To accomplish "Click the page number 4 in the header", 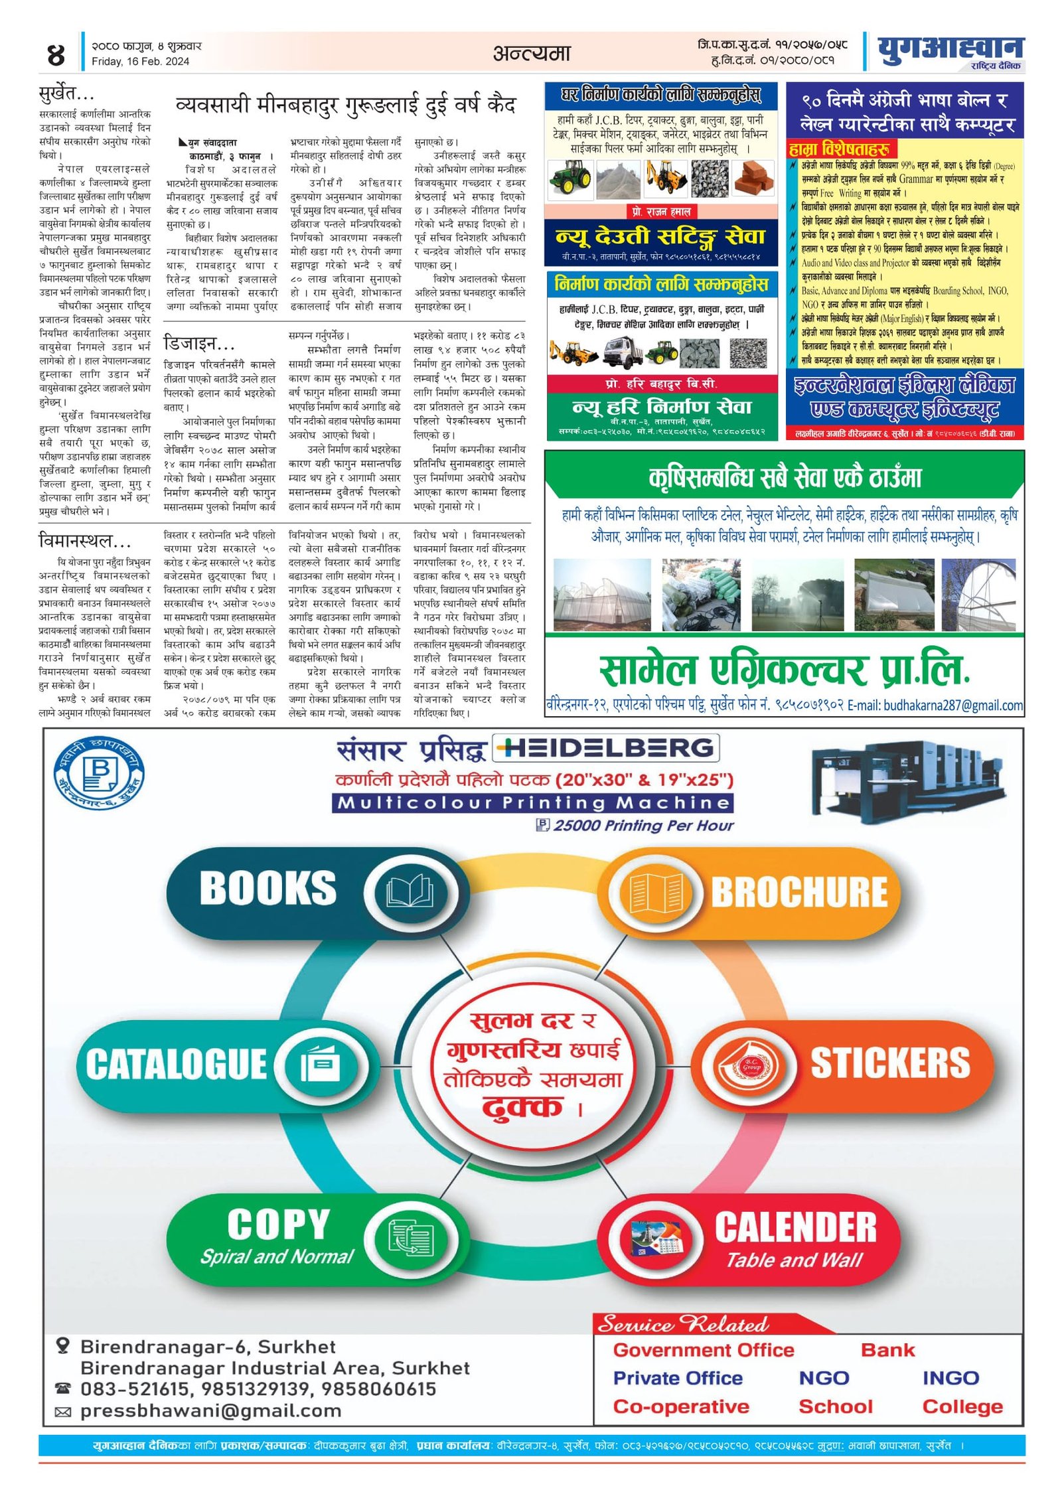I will point(56,54).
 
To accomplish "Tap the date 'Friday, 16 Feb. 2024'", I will point(140,62).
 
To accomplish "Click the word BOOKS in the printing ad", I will point(267,888).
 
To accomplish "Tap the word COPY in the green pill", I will point(278,1225).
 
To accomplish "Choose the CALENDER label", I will point(795,1227).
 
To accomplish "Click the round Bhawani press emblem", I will point(99,773).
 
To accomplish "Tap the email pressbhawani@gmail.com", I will point(210,1411).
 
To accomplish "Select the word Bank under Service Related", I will point(887,1350).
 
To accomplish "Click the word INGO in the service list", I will point(950,1378).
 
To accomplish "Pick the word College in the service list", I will point(962,1406).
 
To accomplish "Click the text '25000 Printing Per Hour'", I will point(643,826).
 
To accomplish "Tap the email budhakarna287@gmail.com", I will point(953,706).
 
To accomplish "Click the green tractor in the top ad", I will point(571,178).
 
